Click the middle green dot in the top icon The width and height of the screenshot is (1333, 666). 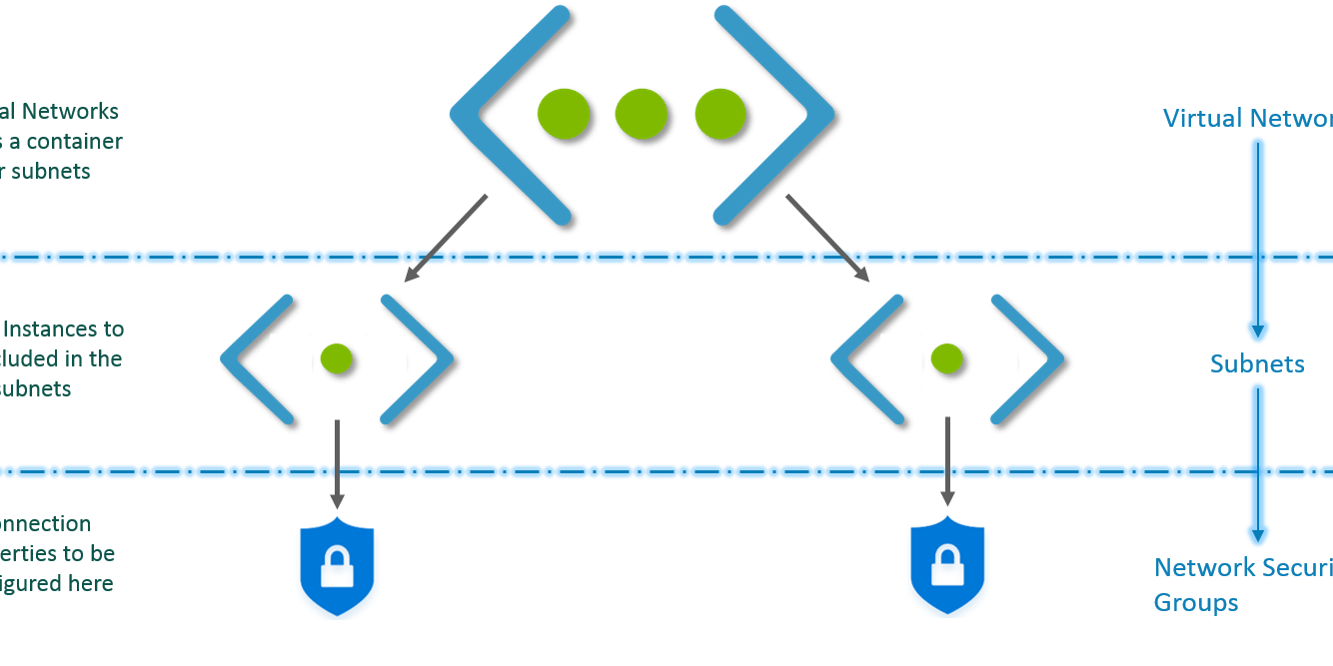point(641,114)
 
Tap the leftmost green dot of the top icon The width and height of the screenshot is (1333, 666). point(563,114)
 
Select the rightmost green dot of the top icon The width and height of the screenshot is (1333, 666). point(719,114)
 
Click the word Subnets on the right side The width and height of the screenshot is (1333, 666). point(1257,363)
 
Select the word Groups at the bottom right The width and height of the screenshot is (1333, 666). point(1196,603)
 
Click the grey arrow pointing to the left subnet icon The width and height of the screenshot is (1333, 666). point(446,240)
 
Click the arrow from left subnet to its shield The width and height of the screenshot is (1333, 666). point(337,463)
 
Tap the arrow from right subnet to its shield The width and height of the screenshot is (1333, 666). point(946,463)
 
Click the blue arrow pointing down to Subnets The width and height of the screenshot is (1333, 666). point(1258,240)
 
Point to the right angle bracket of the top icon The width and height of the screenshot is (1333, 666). point(774,114)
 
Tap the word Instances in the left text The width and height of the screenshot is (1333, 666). point(60,329)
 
